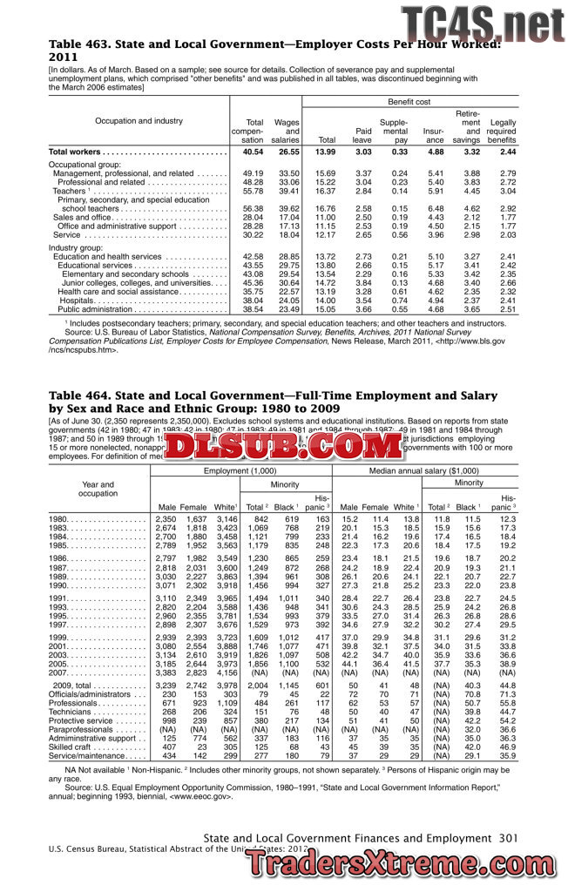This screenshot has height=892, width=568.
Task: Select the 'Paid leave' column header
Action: coord(362,134)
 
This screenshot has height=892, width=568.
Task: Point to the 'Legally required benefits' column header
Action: coord(503,129)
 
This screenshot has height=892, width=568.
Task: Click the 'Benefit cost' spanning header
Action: coord(409,102)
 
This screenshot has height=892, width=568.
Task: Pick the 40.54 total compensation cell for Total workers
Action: coord(253,152)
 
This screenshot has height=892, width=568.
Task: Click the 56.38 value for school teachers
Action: coord(253,209)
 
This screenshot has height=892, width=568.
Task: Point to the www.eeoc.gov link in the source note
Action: coord(203,795)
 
